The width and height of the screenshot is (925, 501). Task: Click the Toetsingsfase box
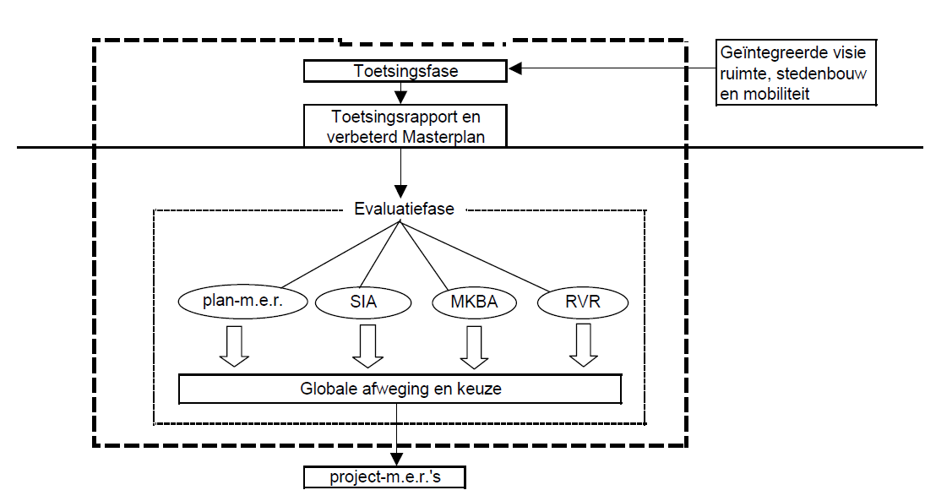point(405,71)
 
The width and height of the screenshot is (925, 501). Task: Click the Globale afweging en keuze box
point(400,389)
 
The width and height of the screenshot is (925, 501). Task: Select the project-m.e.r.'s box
point(385,477)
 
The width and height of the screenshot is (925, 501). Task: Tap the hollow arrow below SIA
point(367,346)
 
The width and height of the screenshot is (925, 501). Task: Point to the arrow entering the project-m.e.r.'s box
point(395,439)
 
